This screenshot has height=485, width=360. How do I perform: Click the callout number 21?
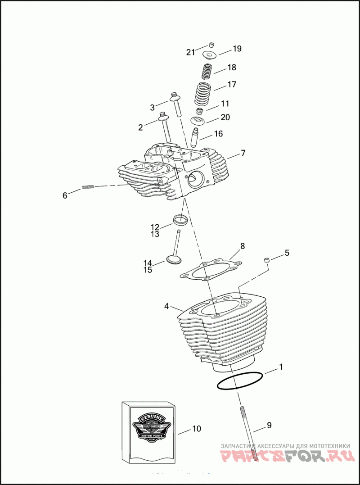tap(191, 52)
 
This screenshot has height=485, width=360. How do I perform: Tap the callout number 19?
tap(237, 49)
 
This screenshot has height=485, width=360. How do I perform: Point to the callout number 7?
tap(243, 153)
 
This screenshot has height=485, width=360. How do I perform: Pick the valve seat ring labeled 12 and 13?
tap(180, 221)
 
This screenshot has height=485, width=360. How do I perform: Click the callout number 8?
tap(243, 246)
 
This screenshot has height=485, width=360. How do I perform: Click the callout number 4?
tap(166, 306)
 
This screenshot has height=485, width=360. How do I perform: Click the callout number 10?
tap(197, 429)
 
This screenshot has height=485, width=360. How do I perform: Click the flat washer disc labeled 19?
tap(210, 55)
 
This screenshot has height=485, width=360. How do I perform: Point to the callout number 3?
tap(152, 108)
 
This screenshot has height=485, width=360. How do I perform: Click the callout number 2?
tap(140, 127)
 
